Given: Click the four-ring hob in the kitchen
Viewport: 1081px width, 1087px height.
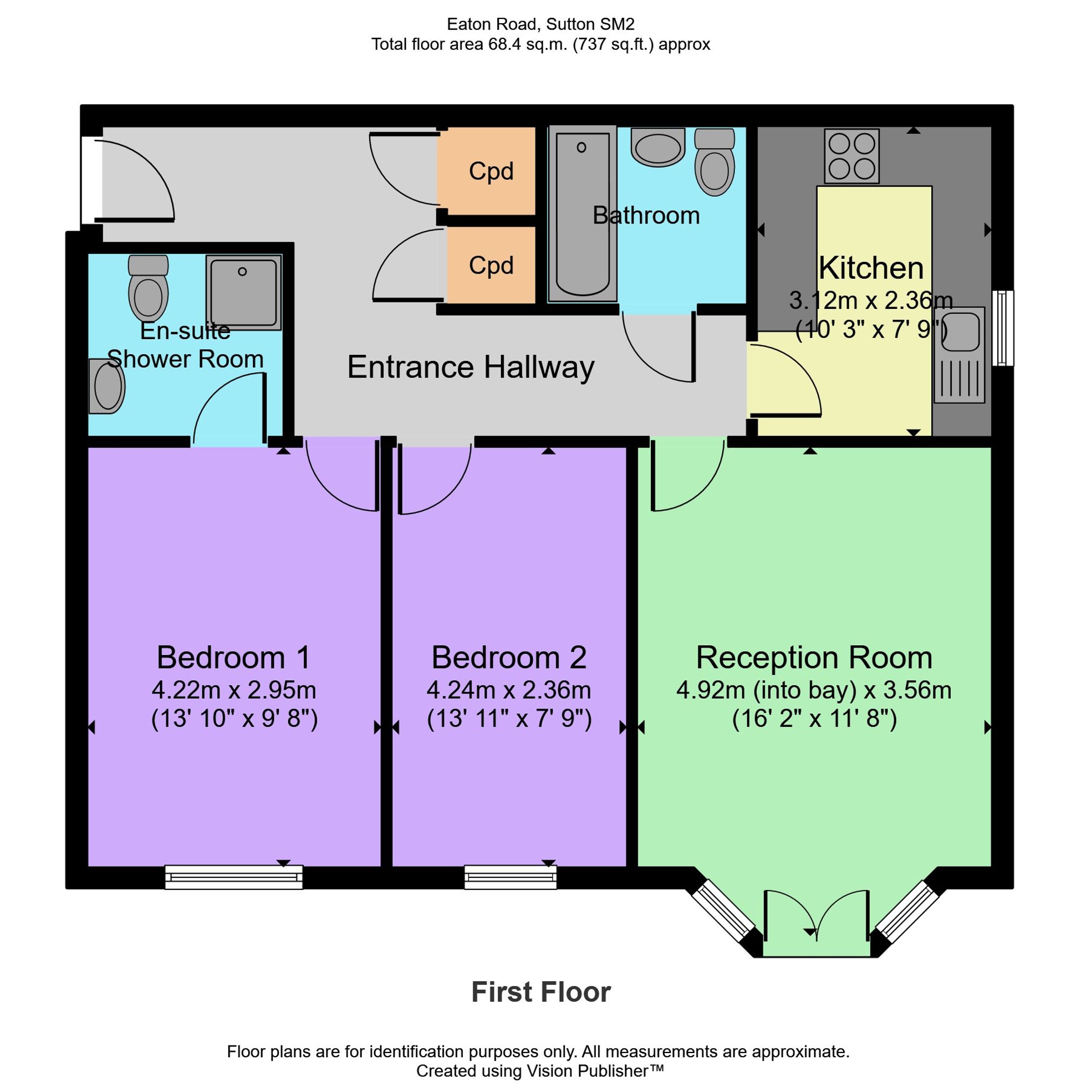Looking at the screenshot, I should pos(851,156).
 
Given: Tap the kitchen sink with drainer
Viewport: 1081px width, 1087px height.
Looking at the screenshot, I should pos(959,354).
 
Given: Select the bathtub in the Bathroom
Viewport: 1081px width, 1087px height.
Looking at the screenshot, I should pos(582,214).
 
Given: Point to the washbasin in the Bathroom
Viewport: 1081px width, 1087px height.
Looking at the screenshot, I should pos(658,147).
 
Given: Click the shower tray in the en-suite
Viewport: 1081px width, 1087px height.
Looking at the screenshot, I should pos(243,292).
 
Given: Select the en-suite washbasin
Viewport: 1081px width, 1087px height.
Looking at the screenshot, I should pos(107,387).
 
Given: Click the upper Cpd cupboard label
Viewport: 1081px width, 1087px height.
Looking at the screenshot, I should pos(491,171).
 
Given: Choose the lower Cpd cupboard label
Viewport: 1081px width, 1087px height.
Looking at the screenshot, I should pos(491,265).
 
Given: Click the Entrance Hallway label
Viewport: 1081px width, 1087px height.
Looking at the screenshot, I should pos(471,367).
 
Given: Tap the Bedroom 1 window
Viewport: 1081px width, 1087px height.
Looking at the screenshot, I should pos(233,877).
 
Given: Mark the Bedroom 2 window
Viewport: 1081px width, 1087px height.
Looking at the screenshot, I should pos(510,877).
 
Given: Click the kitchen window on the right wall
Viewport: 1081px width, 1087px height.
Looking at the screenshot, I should pos(1003,328).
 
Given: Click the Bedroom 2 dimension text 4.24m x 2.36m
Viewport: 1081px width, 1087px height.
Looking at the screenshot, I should pos(509,690).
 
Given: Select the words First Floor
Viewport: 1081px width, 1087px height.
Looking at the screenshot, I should pos(540,992).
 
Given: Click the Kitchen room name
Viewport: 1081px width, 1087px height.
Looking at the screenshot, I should pos(871,268).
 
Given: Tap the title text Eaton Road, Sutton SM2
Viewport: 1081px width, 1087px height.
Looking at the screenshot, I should pos(540,24).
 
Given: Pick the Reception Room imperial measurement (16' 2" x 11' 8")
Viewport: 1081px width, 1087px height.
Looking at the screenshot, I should pos(814,719).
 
